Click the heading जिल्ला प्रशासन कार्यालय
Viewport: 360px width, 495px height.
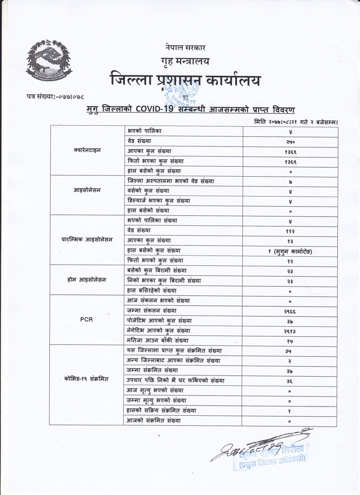click(x=185, y=80)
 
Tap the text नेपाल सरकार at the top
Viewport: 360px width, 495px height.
click(x=185, y=48)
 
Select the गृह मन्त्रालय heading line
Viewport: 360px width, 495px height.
click(x=185, y=61)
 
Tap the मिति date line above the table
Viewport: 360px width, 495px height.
click(x=295, y=122)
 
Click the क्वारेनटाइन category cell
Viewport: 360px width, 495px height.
click(x=87, y=150)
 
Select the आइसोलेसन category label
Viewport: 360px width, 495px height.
click(x=87, y=190)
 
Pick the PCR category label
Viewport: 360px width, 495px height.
click(x=87, y=319)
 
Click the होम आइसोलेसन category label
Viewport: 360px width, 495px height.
click(x=87, y=280)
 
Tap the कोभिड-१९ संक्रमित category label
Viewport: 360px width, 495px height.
click(x=87, y=379)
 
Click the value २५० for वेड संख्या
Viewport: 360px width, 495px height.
click(x=290, y=141)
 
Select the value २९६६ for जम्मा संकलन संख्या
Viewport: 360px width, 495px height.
click(x=290, y=311)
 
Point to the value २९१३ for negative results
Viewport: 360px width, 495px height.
click(x=290, y=331)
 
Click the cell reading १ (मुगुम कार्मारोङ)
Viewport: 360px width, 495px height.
click(x=290, y=252)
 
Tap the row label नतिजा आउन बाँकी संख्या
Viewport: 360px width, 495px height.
click(x=158, y=340)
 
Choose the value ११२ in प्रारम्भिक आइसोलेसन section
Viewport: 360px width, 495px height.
click(x=290, y=231)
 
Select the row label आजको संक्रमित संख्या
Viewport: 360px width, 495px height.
click(x=154, y=421)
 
